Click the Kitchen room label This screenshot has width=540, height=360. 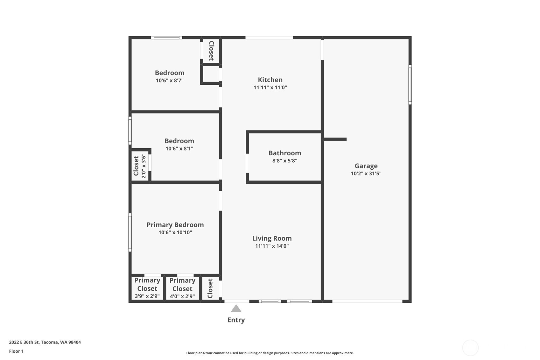click(x=270, y=80)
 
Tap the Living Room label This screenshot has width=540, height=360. click(x=272, y=238)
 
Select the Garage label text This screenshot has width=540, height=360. click(x=366, y=166)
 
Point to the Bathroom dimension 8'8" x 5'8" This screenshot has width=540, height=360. click(x=285, y=161)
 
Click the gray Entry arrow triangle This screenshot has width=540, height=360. click(x=236, y=309)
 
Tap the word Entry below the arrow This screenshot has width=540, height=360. click(x=236, y=320)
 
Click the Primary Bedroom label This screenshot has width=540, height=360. click(x=175, y=225)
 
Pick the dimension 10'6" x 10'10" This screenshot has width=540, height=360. click(x=175, y=232)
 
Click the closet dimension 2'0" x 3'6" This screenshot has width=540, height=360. click(x=144, y=166)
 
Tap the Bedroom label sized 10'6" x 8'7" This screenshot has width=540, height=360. click(x=170, y=73)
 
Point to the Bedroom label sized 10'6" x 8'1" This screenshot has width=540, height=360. click(x=179, y=141)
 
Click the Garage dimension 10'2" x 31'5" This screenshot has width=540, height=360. click(x=366, y=173)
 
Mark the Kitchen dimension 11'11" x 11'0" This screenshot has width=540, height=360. click(x=270, y=88)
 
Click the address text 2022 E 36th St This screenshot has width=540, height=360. click(x=24, y=342)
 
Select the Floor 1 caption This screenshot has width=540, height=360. click(x=16, y=351)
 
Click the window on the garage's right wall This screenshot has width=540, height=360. click(x=410, y=84)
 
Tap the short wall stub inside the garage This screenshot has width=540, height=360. click(x=335, y=139)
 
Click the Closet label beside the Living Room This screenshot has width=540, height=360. click(x=210, y=288)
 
